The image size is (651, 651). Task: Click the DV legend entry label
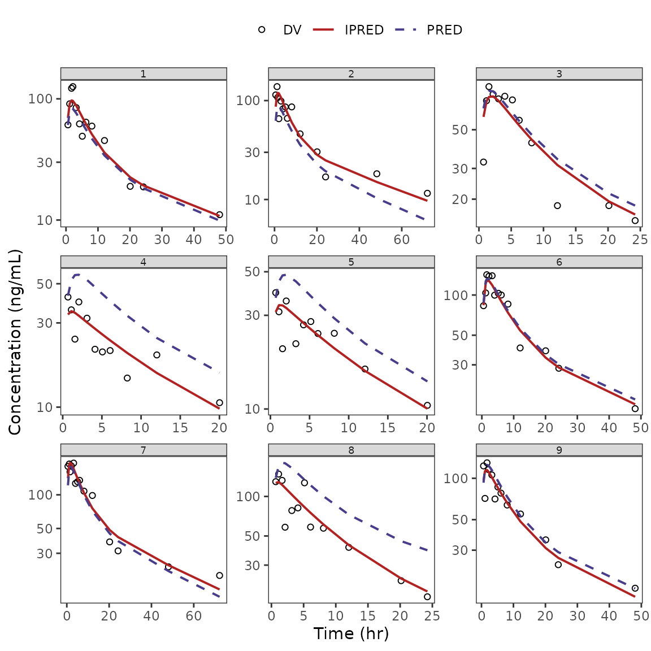coord(292,31)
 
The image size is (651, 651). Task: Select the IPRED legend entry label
coord(364,31)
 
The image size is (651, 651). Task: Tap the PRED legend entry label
coord(444,31)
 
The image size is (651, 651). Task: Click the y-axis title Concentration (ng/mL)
coord(15,342)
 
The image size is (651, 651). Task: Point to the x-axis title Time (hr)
coord(351,633)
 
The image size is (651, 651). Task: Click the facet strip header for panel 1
coord(144,74)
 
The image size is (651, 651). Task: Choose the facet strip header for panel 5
coord(351,262)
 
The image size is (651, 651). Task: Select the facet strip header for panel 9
coord(559,450)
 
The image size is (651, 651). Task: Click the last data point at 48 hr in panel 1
coord(219,215)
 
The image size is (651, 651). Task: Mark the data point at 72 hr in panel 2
coord(427,193)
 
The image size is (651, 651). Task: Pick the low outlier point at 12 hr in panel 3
coord(557,206)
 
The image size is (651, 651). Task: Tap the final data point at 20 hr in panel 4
coord(219,403)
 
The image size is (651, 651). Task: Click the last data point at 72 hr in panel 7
coord(219,575)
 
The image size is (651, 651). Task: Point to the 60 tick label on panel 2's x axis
coord(402,240)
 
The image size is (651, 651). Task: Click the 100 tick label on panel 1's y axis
coord(40,99)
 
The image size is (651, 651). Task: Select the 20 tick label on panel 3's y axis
coord(460,199)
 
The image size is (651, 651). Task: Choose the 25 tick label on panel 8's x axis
coord(432,616)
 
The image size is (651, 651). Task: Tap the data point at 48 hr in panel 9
coord(635,588)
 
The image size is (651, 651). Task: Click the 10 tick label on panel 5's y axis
coord(252,409)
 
